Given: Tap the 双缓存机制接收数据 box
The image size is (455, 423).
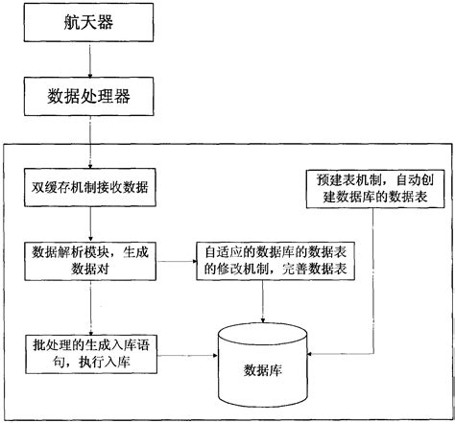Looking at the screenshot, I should tap(89, 186).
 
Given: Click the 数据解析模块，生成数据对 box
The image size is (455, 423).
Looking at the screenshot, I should tap(89, 260).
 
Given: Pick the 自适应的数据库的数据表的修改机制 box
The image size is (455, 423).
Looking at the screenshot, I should tap(264, 260).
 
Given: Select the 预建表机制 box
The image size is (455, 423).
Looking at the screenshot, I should tap(371, 187).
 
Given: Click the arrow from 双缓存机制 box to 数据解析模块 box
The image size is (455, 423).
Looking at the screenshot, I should tap(89, 223).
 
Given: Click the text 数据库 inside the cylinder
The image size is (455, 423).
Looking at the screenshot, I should tap(263, 368).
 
